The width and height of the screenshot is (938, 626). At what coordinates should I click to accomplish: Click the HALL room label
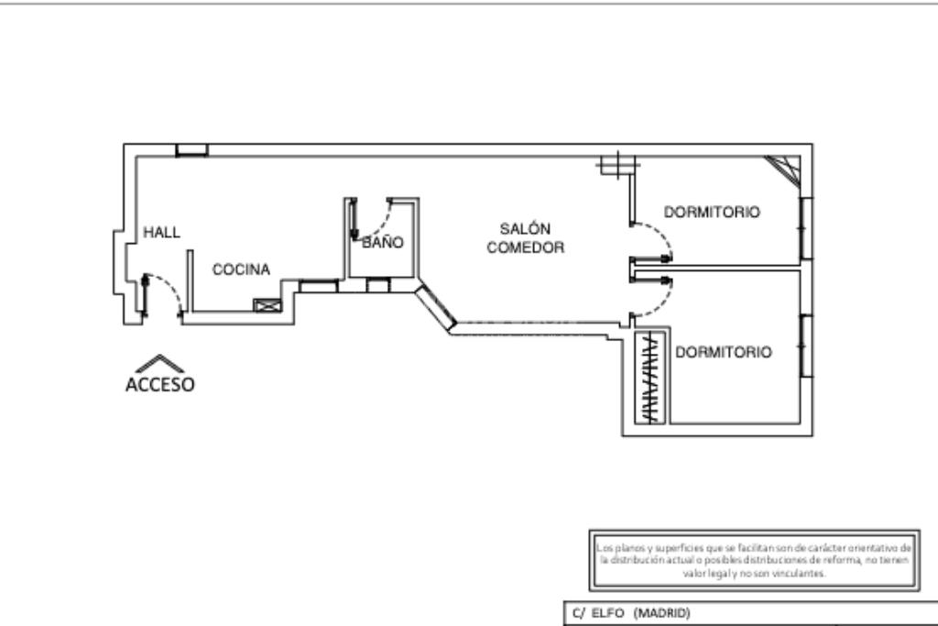(x=161, y=233)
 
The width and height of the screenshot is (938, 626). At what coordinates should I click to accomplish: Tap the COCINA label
(x=241, y=269)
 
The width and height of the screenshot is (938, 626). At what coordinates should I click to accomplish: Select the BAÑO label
(x=382, y=243)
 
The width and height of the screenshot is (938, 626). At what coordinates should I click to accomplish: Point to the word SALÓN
(x=525, y=228)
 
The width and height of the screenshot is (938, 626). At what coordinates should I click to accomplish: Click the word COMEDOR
(x=525, y=247)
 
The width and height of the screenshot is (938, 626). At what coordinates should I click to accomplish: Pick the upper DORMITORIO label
(x=712, y=212)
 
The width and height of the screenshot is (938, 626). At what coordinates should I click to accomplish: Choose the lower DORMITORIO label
(x=723, y=352)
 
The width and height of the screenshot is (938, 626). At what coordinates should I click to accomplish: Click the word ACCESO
(x=159, y=384)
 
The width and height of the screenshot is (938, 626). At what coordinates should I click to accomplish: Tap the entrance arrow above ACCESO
(x=159, y=363)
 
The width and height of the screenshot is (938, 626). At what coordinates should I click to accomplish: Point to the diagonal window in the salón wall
(x=435, y=307)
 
